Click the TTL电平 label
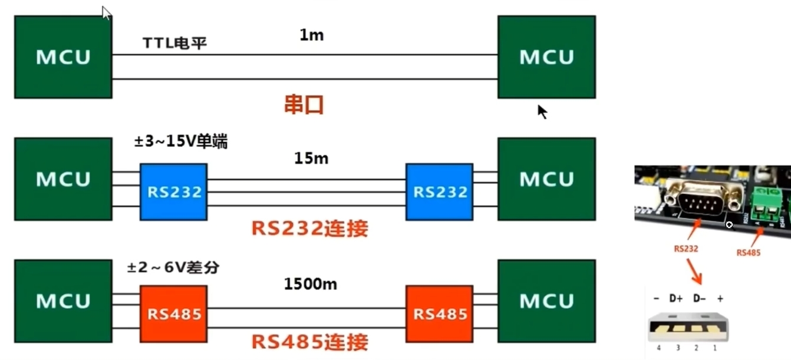pos(174,44)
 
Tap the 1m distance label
pos(312,35)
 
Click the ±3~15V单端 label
pos(181,142)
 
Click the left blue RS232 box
pos(173,191)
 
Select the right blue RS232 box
pos(439,191)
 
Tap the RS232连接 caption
pos(309,228)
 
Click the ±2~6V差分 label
pos(173,267)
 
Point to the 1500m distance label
pos(311,284)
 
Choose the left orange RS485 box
pos(173,313)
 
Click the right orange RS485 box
pos(439,313)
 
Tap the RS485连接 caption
pos(309,342)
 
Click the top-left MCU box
pos(63,57)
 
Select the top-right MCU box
pos(546,57)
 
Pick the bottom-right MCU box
pos(546,300)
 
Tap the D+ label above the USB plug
pos(675,298)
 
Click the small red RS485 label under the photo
pos(749,252)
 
